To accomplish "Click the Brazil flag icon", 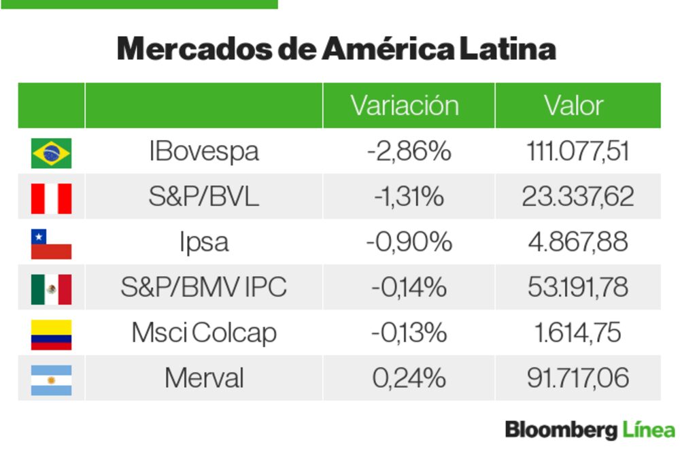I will click(51, 152).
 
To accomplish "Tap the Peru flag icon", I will click(51, 198).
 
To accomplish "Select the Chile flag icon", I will click(51, 244).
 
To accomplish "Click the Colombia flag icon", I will click(51, 334).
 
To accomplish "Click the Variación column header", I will click(405, 105).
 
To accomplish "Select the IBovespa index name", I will click(203, 151).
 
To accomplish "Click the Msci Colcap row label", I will click(203, 333).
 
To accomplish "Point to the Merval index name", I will click(203, 378).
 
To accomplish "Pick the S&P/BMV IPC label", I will click(203, 288).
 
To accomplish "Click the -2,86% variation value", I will click(408, 151).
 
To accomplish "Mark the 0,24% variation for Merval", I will click(408, 378).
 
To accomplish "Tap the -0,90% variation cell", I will click(408, 242).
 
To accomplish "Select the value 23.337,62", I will click(577, 197).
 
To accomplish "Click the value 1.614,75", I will click(577, 333).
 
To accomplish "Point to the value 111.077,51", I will click(577, 151).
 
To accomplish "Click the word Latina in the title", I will click(507, 49).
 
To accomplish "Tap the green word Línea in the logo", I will click(648, 430).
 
